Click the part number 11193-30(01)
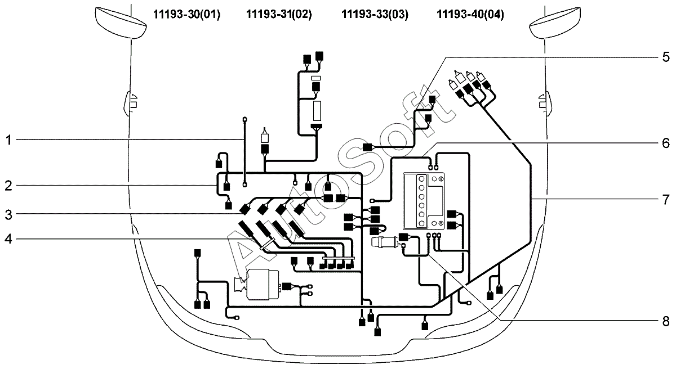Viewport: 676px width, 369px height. tap(187, 14)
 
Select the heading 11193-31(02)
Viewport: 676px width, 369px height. tap(279, 14)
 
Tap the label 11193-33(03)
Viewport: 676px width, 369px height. tap(375, 14)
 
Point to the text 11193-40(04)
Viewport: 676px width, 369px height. tap(470, 14)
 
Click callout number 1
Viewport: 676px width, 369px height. tap(9, 140)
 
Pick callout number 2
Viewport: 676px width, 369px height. tap(8, 186)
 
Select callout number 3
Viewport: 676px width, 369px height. tap(8, 215)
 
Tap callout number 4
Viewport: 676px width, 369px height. tap(8, 239)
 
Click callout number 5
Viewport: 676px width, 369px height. tap(666, 57)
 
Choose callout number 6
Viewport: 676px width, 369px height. tap(666, 143)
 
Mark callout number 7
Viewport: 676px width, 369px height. tap(666, 200)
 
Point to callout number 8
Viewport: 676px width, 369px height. tap(666, 321)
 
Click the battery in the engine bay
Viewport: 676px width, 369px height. tap(424, 201)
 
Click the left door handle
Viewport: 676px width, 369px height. tap(130, 103)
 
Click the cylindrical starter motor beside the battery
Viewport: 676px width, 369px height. tap(387, 242)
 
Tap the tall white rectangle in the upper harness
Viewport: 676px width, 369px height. tap(317, 111)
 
